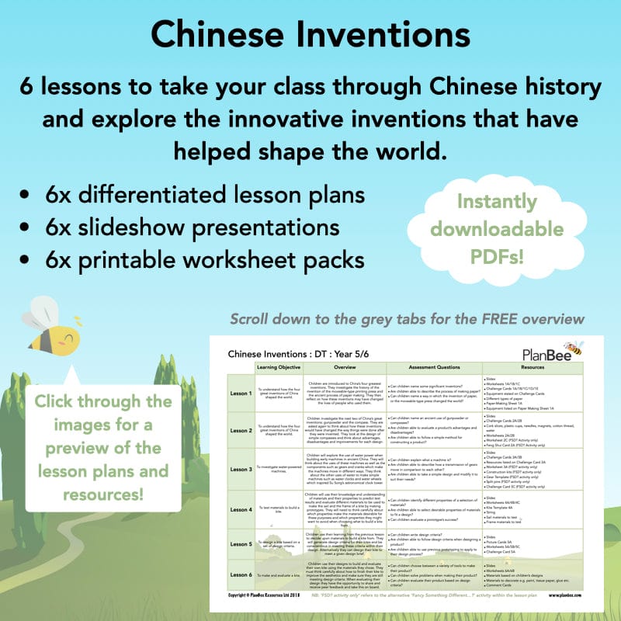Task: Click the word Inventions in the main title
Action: coord(389,35)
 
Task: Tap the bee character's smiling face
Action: coord(67,338)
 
